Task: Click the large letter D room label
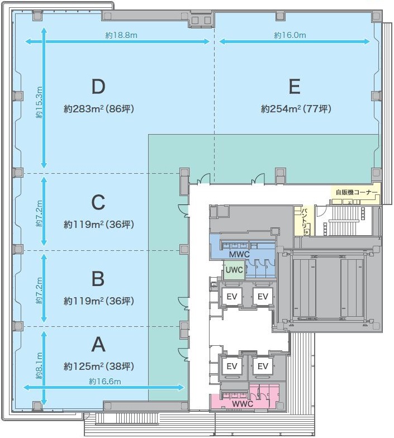pyautogui.click(x=98, y=87)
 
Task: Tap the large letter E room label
pyautogui.click(x=295, y=87)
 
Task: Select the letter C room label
pyautogui.click(x=98, y=202)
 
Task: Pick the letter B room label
pyautogui.click(x=98, y=279)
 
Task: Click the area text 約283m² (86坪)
pyautogui.click(x=99, y=108)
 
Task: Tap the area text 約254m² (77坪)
pyautogui.click(x=296, y=108)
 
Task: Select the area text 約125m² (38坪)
pyautogui.click(x=99, y=366)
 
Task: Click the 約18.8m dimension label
pyautogui.click(x=121, y=35)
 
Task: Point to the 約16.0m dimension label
pyautogui.click(x=290, y=35)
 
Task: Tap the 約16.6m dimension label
pyautogui.click(x=105, y=381)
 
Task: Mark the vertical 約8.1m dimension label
pyautogui.click(x=39, y=366)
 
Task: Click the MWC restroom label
pyautogui.click(x=239, y=255)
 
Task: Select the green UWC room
pyautogui.click(x=234, y=270)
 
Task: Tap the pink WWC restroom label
pyautogui.click(x=243, y=403)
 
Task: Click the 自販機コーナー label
pyautogui.click(x=357, y=192)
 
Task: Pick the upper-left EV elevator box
pyautogui.click(x=231, y=296)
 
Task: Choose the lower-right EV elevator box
pyautogui.click(x=263, y=366)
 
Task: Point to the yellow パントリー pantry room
pyautogui.click(x=304, y=221)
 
